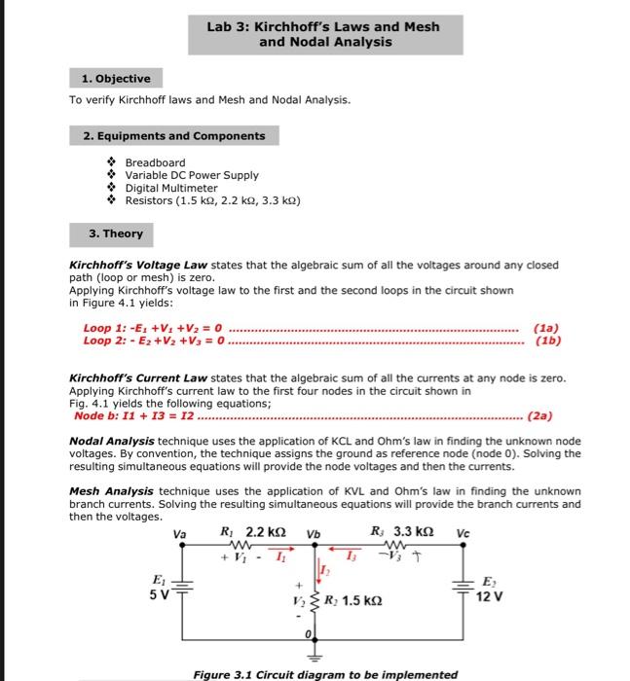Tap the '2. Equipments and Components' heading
[x=174, y=135]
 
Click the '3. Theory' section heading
[x=116, y=233]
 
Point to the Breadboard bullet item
[x=155, y=162]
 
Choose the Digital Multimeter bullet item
[x=171, y=188]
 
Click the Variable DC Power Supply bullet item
[x=192, y=175]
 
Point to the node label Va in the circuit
[x=180, y=533]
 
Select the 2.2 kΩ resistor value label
[x=268, y=532]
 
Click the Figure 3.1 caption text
[x=325, y=674]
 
